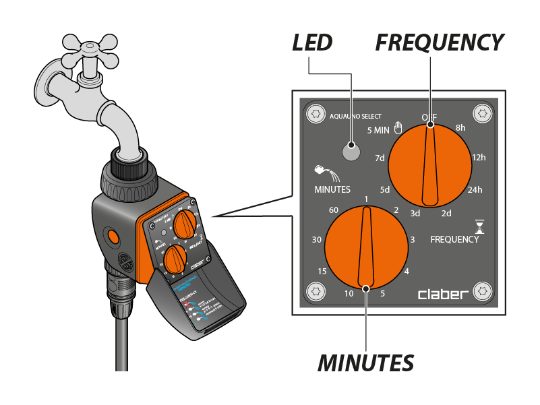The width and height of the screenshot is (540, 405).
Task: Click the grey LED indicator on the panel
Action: pyautogui.click(x=351, y=152)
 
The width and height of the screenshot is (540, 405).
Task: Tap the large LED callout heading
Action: pyautogui.click(x=312, y=43)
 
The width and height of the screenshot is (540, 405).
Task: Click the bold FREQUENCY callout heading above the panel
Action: pyautogui.click(x=440, y=43)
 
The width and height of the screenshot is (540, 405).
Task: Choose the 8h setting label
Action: pyautogui.click(x=460, y=127)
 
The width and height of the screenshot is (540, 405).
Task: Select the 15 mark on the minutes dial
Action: pyautogui.click(x=322, y=271)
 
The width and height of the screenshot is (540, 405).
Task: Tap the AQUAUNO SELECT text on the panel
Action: pyautogui.click(x=356, y=116)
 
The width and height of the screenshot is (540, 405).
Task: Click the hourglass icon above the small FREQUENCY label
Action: pyautogui.click(x=480, y=224)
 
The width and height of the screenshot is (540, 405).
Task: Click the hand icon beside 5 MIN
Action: pyautogui.click(x=398, y=127)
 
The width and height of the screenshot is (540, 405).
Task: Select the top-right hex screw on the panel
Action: pyautogui.click(x=481, y=113)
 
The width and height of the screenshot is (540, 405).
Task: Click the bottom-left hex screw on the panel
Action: pyautogui.click(x=314, y=291)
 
